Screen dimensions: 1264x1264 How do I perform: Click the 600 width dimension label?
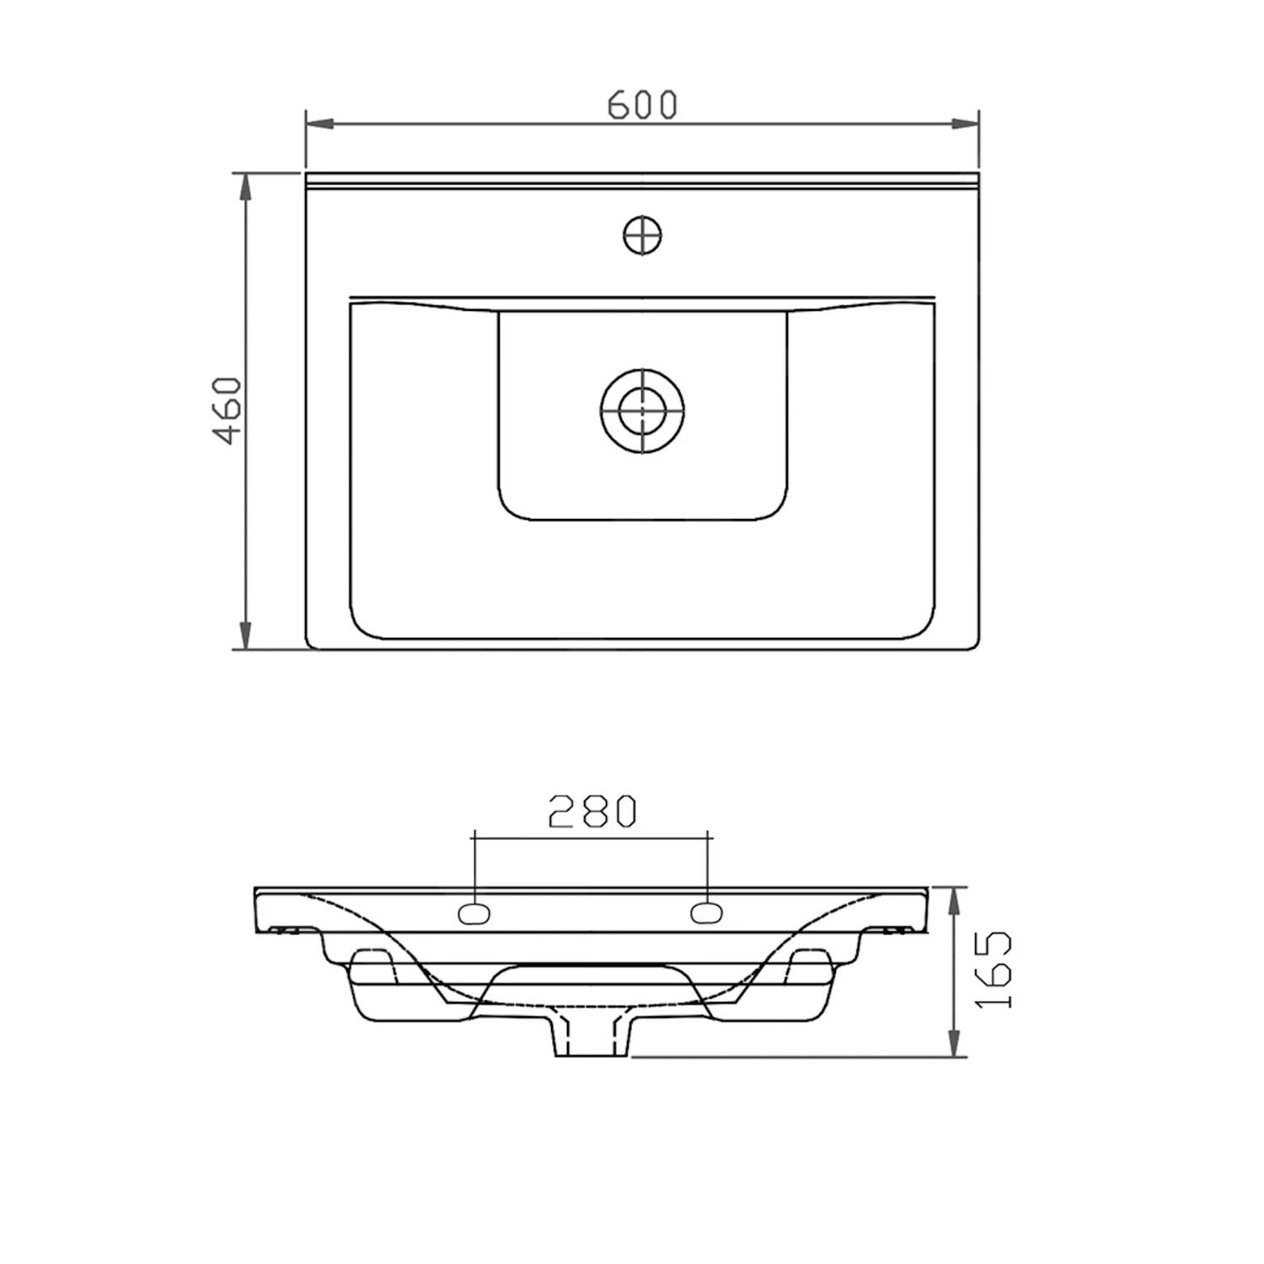coord(642,104)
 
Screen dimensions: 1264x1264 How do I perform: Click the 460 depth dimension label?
coord(228,410)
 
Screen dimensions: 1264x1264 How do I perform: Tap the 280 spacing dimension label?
coord(592,811)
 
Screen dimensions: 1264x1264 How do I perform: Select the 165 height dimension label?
coord(995,970)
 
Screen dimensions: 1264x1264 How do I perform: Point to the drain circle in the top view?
coord(642,411)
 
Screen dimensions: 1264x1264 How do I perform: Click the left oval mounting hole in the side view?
coord(474,913)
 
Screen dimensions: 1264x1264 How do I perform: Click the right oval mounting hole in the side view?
coord(707,913)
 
